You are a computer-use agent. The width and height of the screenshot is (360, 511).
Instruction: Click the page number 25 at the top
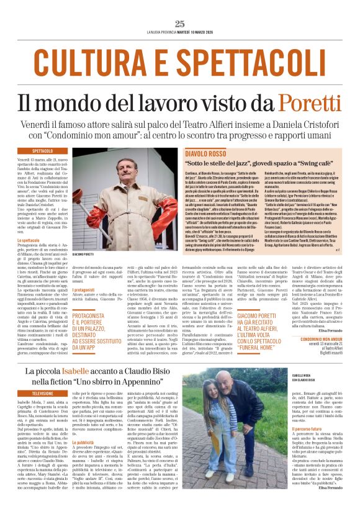pos(179,24)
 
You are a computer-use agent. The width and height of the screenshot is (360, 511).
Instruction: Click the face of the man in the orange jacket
pos(122,169)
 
